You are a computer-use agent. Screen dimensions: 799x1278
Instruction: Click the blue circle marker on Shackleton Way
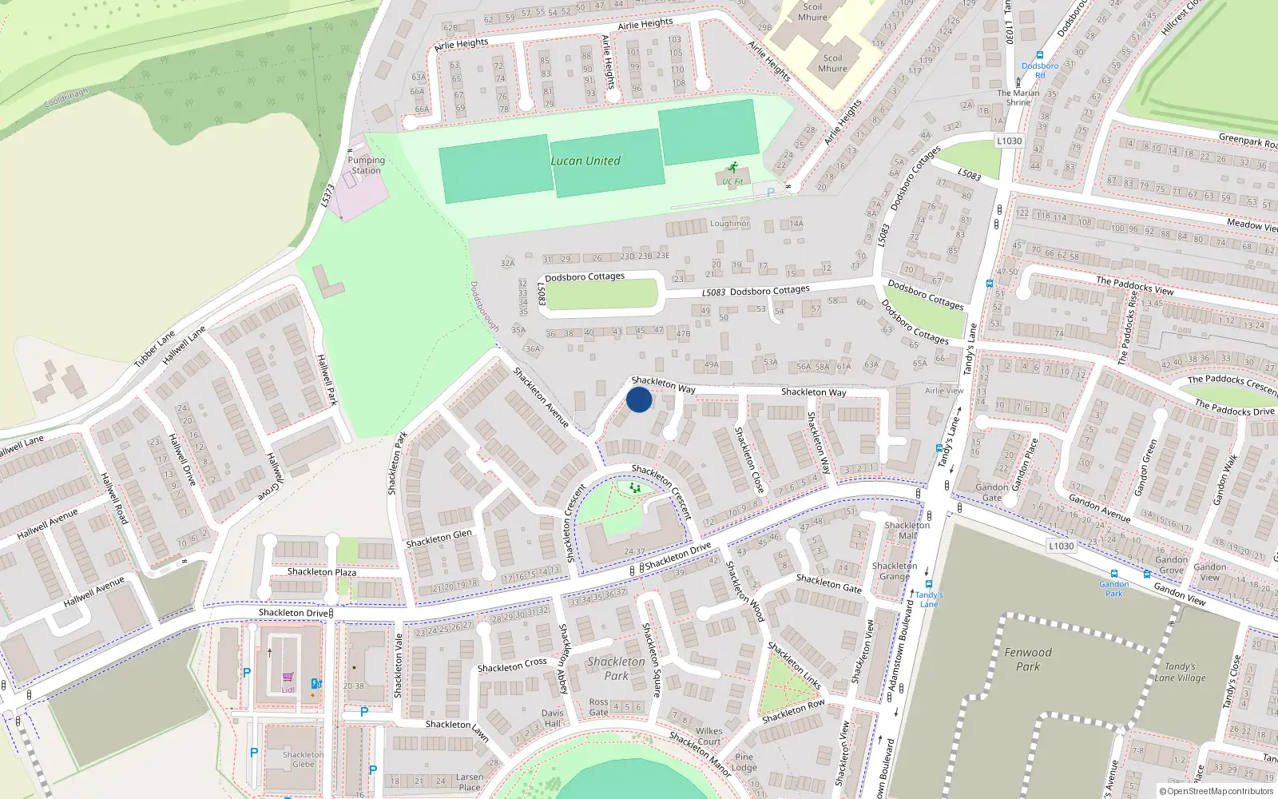(639, 399)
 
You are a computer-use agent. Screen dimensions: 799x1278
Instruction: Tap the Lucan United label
(585, 161)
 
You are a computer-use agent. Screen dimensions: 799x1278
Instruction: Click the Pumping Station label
(366, 165)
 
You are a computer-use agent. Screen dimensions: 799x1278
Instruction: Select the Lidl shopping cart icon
(288, 678)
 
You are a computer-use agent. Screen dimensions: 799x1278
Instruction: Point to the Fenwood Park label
(1028, 659)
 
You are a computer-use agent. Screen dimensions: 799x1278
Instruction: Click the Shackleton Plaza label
(322, 572)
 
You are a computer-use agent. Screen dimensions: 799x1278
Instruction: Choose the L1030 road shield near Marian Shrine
(1009, 141)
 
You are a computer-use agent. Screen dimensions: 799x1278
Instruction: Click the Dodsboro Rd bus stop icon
(1040, 56)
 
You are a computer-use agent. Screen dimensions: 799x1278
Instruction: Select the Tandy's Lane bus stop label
(929, 599)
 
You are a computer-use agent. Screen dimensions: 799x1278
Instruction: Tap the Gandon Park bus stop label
(1113, 589)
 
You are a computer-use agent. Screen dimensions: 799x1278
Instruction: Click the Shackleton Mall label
(907, 530)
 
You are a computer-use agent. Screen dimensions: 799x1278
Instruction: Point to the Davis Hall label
(552, 718)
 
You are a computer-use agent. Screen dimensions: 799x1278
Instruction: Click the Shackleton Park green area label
(616, 669)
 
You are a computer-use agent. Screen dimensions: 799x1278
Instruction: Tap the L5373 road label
(327, 196)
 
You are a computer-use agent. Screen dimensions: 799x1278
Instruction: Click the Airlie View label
(944, 391)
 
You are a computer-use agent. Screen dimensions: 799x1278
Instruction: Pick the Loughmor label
(730, 224)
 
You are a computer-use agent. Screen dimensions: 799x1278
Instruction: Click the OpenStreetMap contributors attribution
(1216, 792)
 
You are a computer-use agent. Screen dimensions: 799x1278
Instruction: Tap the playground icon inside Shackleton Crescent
(635, 487)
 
